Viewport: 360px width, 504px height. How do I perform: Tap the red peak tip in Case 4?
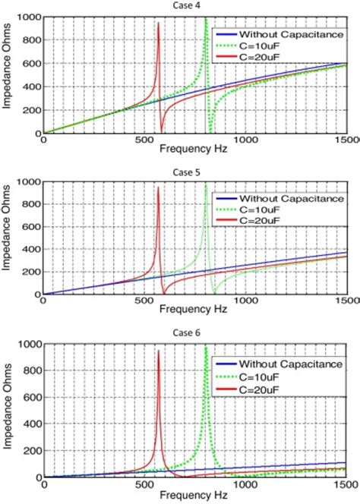point(158,24)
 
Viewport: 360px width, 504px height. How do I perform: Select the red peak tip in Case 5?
point(158,188)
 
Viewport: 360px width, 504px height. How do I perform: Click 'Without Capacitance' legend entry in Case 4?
point(288,34)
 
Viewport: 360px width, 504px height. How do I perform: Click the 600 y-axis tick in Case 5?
point(31,227)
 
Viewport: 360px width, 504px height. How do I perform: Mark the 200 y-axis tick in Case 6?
point(31,451)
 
